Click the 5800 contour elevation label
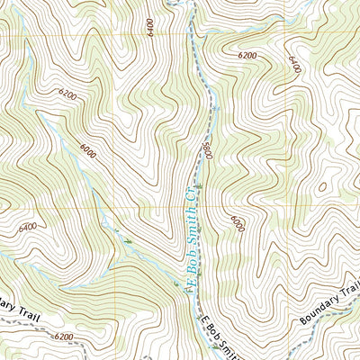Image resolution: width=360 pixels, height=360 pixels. click(x=207, y=148)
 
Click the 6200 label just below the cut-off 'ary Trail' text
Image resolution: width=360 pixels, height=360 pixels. click(x=62, y=337)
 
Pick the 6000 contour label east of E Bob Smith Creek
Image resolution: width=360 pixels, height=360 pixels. click(x=237, y=221)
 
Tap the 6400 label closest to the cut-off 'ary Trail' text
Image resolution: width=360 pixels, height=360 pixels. click(x=27, y=228)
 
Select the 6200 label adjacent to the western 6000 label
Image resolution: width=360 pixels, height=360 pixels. click(x=67, y=94)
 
